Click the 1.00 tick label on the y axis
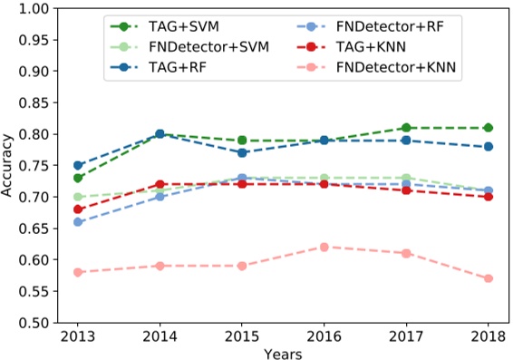pos(34,9)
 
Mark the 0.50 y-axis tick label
pos(34,322)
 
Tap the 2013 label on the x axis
pos(78,336)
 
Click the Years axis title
pos(284,352)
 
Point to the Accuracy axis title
pos(9,165)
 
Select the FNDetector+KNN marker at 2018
pos(489,278)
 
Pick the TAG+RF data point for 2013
pos(78,166)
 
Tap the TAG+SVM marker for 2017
pos(406,128)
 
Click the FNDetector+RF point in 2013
pos(78,222)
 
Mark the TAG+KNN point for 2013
pos(78,209)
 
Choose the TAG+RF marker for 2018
pos(489,147)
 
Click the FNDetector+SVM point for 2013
pos(78,197)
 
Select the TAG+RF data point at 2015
pos(242,153)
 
